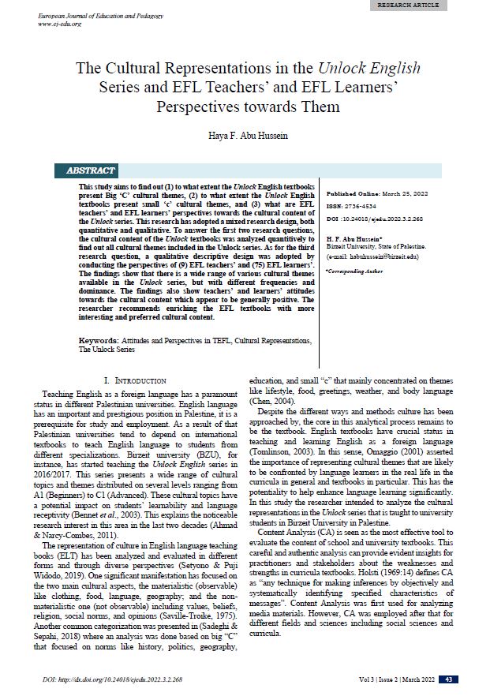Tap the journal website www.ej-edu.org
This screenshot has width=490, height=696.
[61, 24]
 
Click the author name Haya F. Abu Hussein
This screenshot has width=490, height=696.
[245, 135]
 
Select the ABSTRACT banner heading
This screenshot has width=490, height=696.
[90, 170]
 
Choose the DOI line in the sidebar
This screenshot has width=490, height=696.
[374, 219]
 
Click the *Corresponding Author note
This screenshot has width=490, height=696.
[353, 271]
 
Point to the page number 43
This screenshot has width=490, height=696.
[448, 679]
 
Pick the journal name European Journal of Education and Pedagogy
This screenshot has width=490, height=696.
[92, 15]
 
